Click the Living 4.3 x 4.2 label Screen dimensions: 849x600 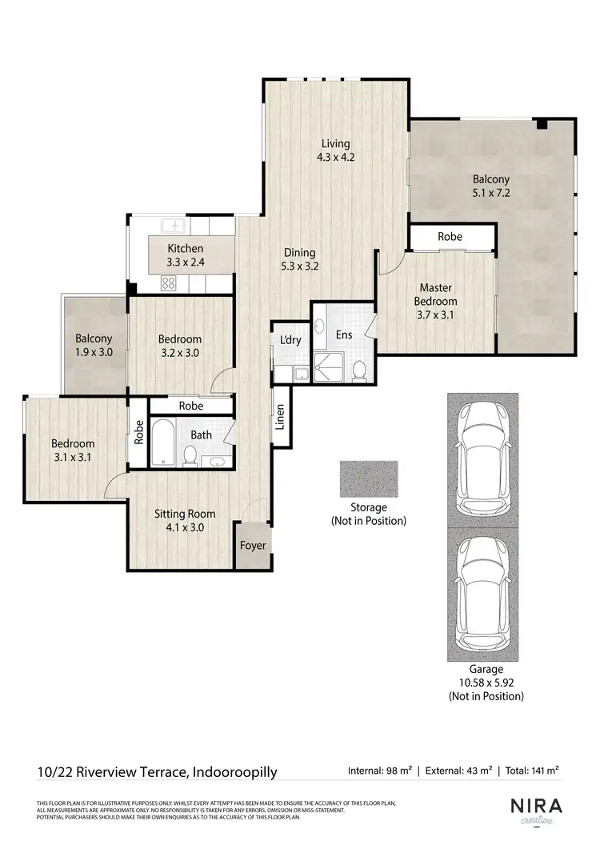point(335,150)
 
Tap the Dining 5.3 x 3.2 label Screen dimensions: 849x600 point(299,259)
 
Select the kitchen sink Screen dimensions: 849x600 point(173,226)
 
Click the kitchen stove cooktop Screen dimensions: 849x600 point(170,282)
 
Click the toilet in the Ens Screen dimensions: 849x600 point(359,370)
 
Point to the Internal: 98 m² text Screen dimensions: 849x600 point(380,771)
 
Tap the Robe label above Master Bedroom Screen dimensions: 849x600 point(449,237)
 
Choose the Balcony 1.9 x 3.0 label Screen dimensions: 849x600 point(94,345)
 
